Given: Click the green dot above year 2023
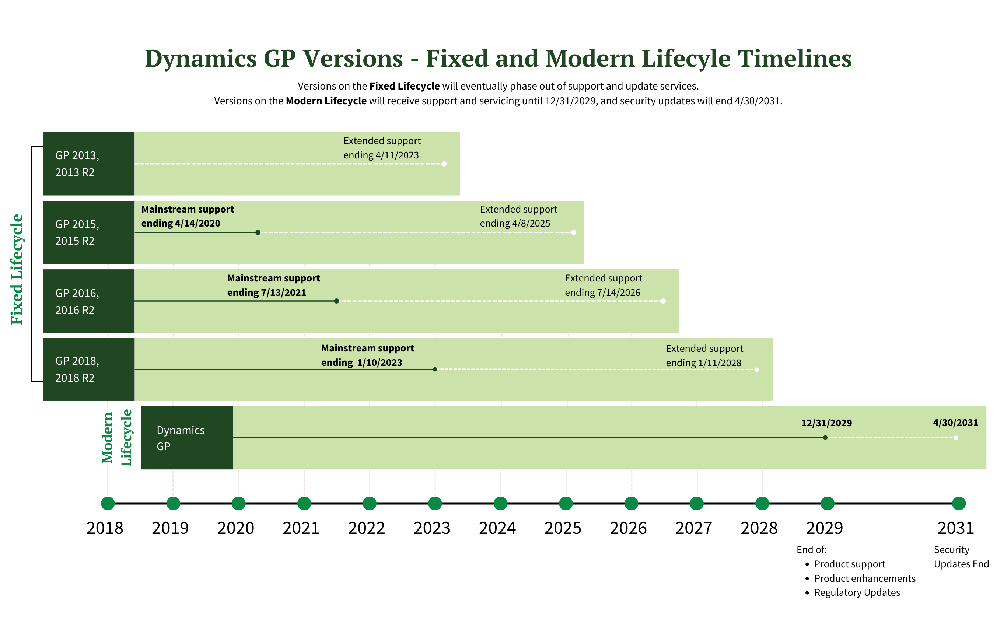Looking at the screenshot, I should [435, 503].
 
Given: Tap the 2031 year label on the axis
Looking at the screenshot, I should [955, 528].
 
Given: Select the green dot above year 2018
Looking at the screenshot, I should [108, 503].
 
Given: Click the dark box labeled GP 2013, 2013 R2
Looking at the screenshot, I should [88, 164].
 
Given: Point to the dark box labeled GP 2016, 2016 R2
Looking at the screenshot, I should [88, 301].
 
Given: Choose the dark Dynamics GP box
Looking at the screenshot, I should [187, 438].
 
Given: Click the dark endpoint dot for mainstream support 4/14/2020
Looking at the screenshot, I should [258, 232].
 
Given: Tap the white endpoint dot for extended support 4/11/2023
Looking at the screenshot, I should [444, 164].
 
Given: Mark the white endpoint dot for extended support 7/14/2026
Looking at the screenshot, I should [663, 301].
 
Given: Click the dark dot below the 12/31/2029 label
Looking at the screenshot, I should [825, 438].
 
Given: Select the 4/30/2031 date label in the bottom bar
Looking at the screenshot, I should [955, 423].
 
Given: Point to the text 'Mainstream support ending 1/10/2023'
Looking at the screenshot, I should [367, 355].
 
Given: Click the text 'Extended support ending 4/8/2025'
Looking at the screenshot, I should [518, 216].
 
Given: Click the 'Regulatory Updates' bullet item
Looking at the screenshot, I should [857, 592].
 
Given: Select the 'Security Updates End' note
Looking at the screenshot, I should [961, 557].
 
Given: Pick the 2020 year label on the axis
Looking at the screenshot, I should [235, 528].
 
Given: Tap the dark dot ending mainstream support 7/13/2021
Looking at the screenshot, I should [336, 301].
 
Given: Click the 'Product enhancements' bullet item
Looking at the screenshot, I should [864, 578].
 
